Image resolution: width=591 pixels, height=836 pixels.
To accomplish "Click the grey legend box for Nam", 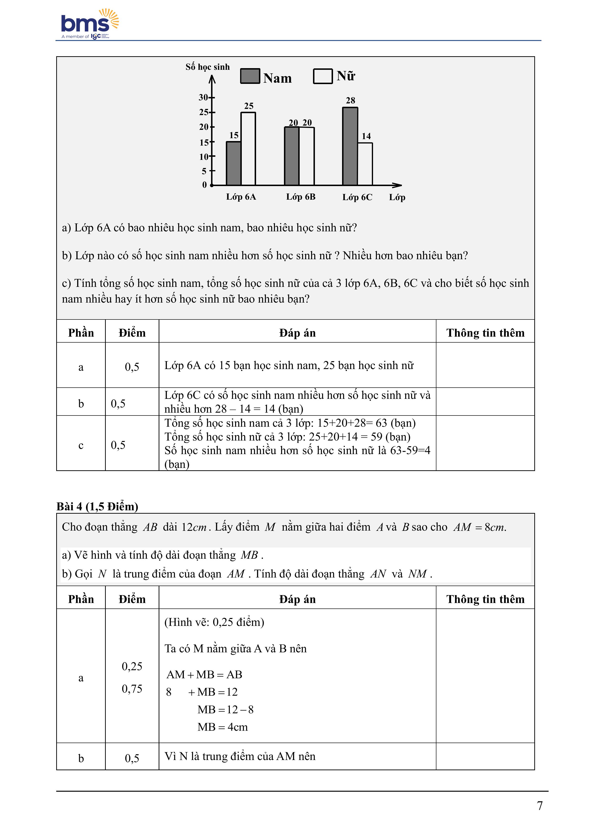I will point(250,76).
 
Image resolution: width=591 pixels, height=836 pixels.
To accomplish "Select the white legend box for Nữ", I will point(323,76).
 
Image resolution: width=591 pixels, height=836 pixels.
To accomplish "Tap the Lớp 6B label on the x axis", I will point(300,197).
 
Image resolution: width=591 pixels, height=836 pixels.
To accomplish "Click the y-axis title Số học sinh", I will point(207,67).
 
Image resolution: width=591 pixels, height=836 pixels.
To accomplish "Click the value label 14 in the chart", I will point(366,136).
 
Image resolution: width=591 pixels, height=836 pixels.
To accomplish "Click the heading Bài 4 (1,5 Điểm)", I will point(97,507).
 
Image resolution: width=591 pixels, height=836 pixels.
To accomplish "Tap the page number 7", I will point(540,806).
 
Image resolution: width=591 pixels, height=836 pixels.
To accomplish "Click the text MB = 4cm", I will point(222,727).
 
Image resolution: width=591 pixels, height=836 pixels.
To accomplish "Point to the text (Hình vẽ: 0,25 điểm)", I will point(214,622).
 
